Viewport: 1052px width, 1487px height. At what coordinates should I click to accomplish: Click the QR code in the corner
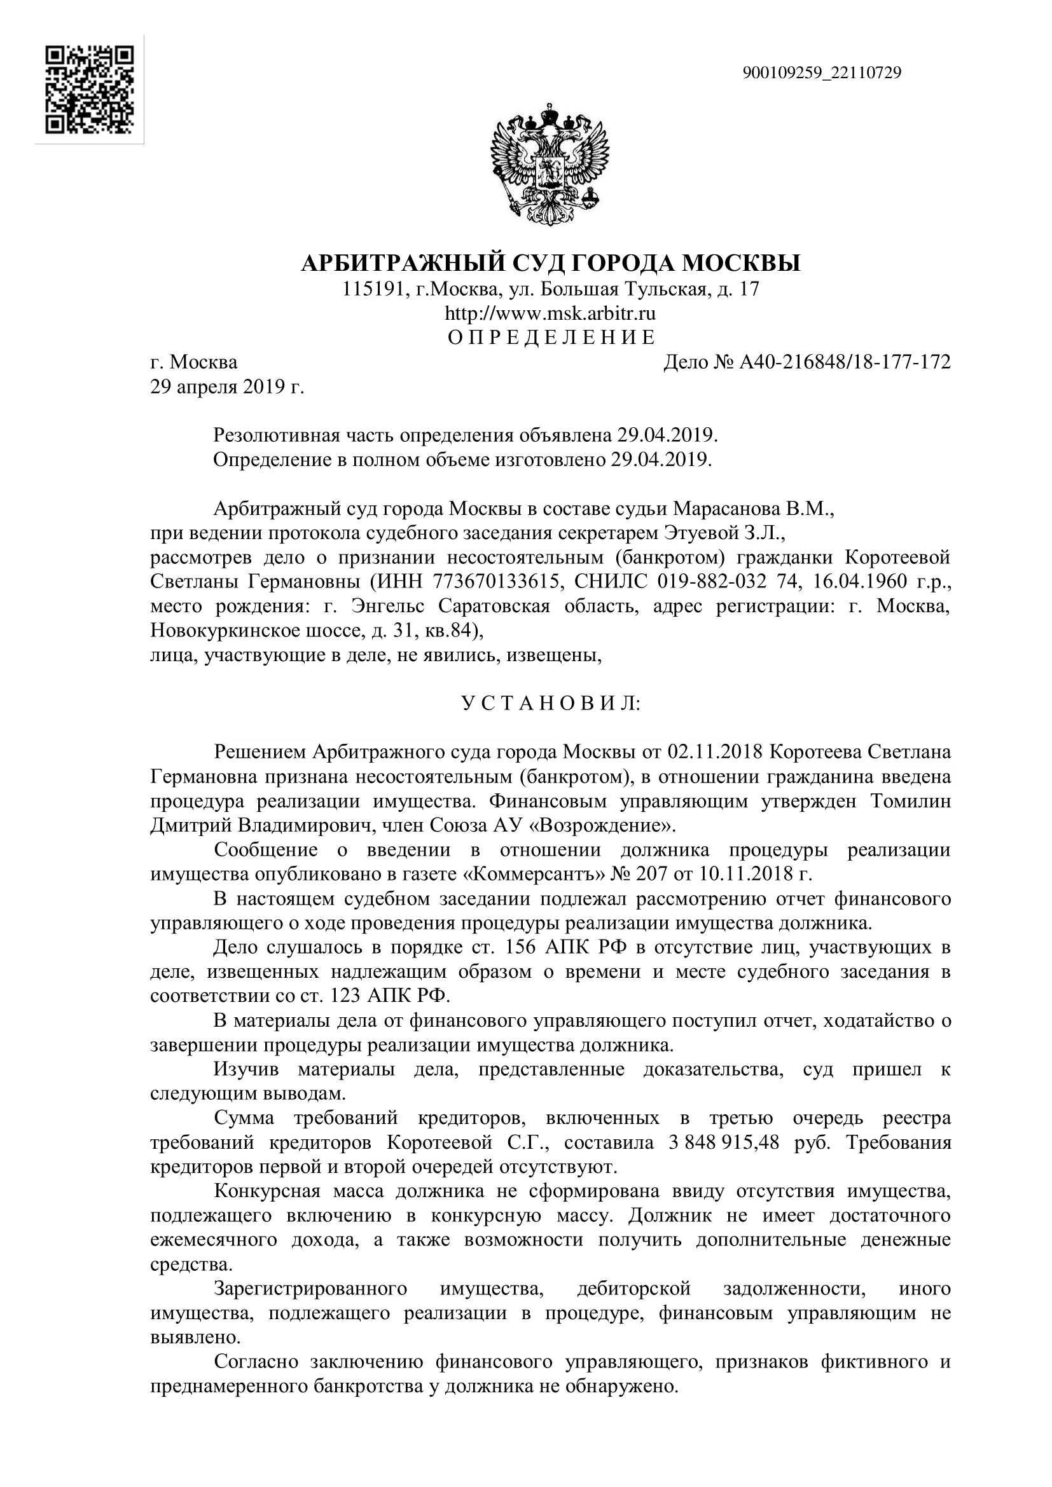[90, 90]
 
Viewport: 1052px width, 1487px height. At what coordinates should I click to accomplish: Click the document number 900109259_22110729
[821, 72]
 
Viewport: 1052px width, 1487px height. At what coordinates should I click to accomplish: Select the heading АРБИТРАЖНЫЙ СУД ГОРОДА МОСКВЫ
[551, 263]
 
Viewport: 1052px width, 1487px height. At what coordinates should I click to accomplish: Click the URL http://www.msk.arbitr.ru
[550, 313]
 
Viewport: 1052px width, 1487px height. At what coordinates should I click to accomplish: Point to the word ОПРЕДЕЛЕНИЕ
[551, 338]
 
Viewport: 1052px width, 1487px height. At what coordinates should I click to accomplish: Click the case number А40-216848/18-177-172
[844, 362]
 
